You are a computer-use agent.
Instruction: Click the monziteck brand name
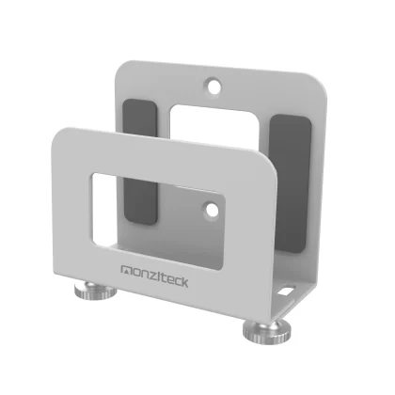pos(154,276)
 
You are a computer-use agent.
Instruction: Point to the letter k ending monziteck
pos(184,282)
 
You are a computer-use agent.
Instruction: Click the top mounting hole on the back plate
pos(213,86)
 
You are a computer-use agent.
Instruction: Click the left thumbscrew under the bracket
pos(95,291)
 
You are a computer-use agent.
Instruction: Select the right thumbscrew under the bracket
pos(266,332)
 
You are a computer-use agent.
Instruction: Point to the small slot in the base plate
pos(286,291)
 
